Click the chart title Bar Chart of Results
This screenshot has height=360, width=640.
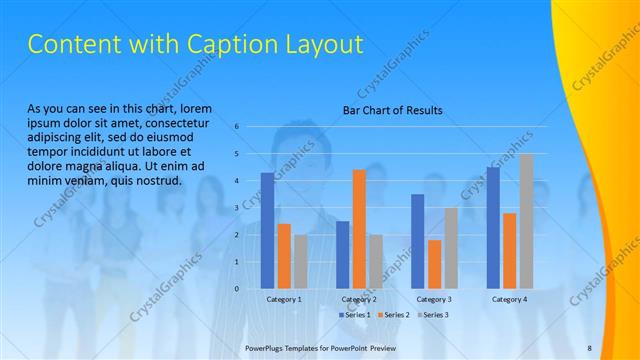(392, 110)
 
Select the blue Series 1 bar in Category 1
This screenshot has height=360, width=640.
(267, 230)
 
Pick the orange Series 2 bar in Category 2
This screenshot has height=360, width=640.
(359, 229)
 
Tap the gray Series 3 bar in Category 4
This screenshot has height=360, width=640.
(526, 221)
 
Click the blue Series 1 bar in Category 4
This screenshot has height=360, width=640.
(493, 227)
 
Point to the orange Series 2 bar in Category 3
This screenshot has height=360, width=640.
(434, 264)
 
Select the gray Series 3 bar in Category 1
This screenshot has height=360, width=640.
(301, 261)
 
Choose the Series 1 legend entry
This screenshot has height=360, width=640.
(354, 314)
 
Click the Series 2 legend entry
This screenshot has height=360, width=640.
(393, 314)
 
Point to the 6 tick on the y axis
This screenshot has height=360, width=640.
(237, 127)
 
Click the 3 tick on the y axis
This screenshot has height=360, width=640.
(237, 208)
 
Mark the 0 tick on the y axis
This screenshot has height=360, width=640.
(237, 289)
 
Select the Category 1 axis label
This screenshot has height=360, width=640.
(284, 299)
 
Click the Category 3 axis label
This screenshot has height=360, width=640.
(434, 299)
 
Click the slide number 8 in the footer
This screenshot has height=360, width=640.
(589, 347)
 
